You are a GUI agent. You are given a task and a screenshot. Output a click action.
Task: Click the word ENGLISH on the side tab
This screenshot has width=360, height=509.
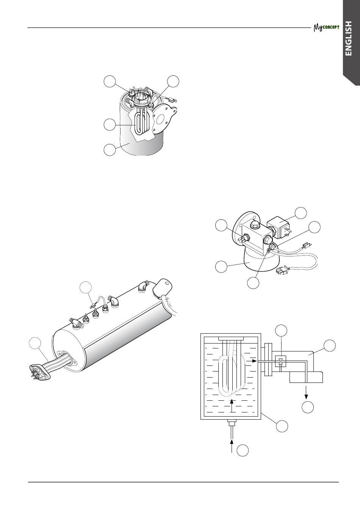click(348, 38)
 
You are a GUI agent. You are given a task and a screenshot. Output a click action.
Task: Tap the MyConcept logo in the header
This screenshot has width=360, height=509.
click(327, 28)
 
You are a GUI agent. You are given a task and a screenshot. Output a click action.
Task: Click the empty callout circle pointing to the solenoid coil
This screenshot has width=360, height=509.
click(301, 213)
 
